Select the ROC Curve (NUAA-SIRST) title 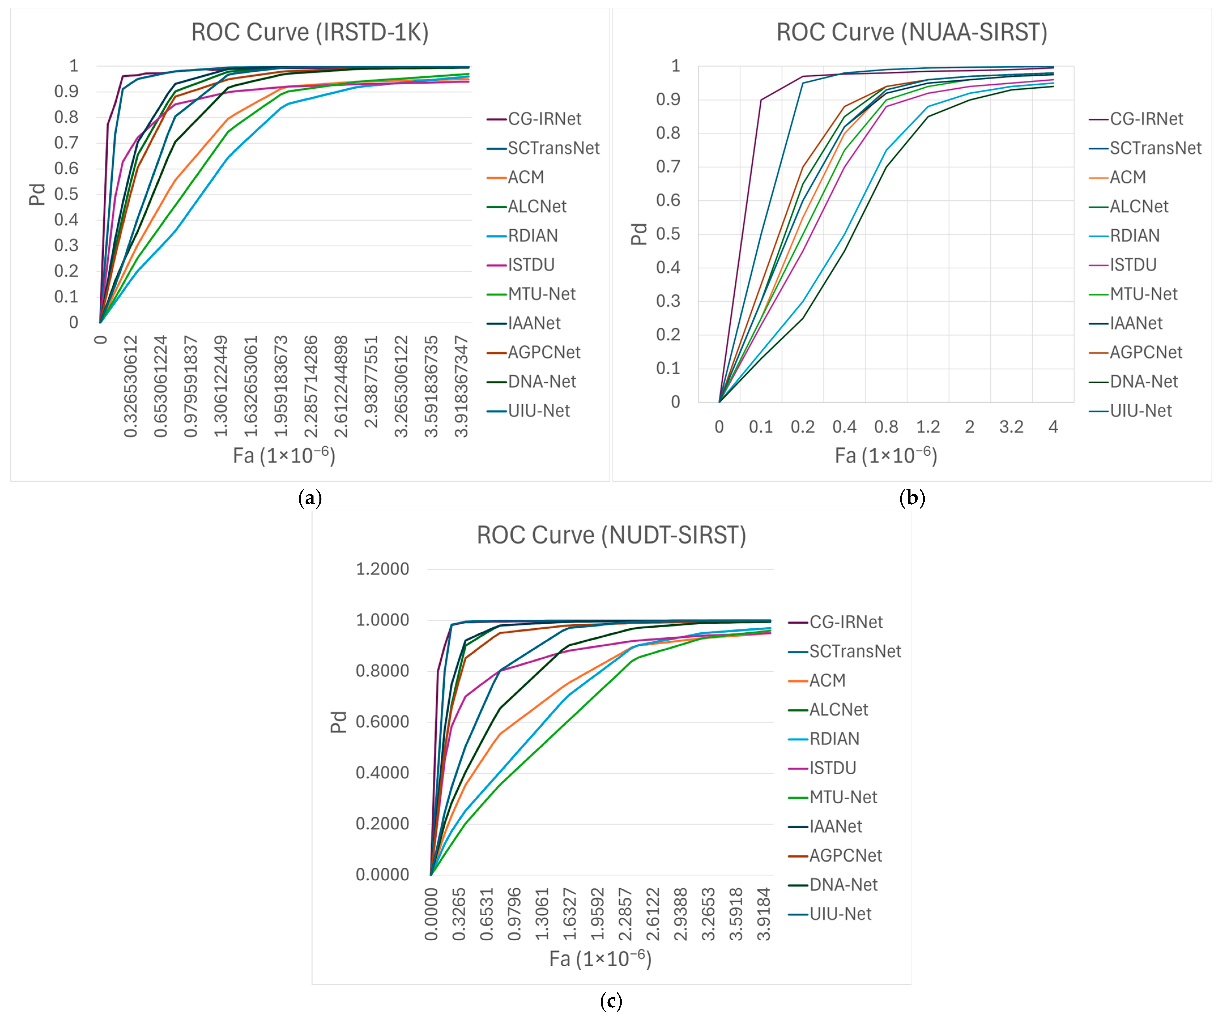click(x=912, y=33)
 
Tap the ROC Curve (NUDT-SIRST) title click(x=612, y=535)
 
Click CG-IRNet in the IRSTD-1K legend click(x=545, y=119)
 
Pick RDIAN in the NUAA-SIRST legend click(x=1135, y=236)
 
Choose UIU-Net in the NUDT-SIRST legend click(x=840, y=914)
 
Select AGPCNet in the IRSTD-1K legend click(x=544, y=353)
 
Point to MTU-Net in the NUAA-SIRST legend click(x=1144, y=294)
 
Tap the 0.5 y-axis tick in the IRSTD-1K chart click(x=66, y=194)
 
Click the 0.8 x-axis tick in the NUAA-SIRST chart click(x=886, y=427)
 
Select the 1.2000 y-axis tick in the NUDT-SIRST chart click(x=382, y=569)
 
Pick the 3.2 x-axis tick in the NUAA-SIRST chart click(x=1011, y=427)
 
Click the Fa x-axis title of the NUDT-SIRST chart click(x=600, y=958)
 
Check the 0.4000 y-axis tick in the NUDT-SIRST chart click(x=382, y=773)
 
